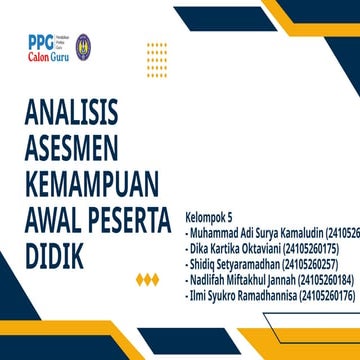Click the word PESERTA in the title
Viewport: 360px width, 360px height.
135,221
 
